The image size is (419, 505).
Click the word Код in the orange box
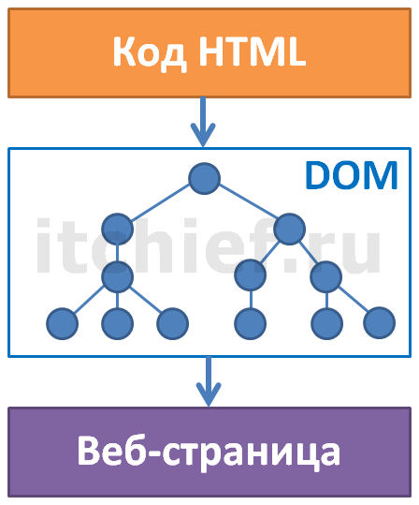pyautogui.click(x=150, y=52)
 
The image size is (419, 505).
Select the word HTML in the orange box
pyautogui.click(x=253, y=52)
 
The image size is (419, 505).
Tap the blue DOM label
pyautogui.click(x=351, y=175)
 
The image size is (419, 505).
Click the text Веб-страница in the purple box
pyautogui.click(x=209, y=451)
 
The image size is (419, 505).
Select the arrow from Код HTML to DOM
pyautogui.click(x=203, y=122)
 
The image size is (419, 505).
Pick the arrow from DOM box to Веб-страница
pyautogui.click(x=209, y=381)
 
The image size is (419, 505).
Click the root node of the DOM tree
pyautogui.click(x=204, y=178)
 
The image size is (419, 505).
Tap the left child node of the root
pyautogui.click(x=117, y=229)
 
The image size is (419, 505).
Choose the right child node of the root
pyautogui.click(x=289, y=229)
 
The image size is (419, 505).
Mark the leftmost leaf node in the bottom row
pyautogui.click(x=63, y=323)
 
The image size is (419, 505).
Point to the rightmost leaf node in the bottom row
pyautogui.click(x=380, y=322)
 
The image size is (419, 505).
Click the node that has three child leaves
pyautogui.click(x=117, y=276)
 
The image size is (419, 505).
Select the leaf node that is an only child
pyautogui.click(x=250, y=323)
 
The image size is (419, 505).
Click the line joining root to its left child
pyautogui.click(x=160, y=202)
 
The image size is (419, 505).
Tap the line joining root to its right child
pyautogui.click(x=248, y=201)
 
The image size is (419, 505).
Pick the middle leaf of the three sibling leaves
pyautogui.click(x=117, y=323)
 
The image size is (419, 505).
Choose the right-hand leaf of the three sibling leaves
pyautogui.click(x=173, y=323)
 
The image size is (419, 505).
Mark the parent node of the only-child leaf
pyautogui.click(x=250, y=275)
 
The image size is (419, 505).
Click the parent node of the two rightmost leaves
pyautogui.click(x=326, y=276)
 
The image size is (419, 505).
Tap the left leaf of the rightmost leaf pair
pyautogui.click(x=326, y=323)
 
